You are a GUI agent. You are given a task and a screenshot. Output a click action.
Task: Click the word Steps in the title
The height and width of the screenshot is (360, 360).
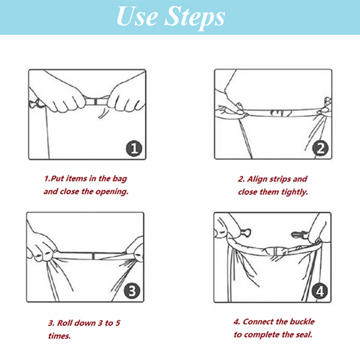coord(195,18)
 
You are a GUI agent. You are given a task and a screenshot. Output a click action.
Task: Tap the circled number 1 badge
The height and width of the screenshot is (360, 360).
coord(134,149)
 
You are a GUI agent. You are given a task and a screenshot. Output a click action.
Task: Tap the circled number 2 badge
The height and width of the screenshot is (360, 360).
coord(320,148)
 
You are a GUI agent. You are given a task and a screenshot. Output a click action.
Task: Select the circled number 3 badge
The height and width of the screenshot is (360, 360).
coord(132,291)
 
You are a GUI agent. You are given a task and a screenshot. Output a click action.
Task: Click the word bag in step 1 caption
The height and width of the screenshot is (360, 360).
coord(120,179)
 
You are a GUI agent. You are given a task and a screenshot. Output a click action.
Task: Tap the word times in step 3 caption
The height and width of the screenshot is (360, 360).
coord(59,336)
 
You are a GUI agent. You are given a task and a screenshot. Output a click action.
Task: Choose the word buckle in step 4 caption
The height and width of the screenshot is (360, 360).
coord(302,322)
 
